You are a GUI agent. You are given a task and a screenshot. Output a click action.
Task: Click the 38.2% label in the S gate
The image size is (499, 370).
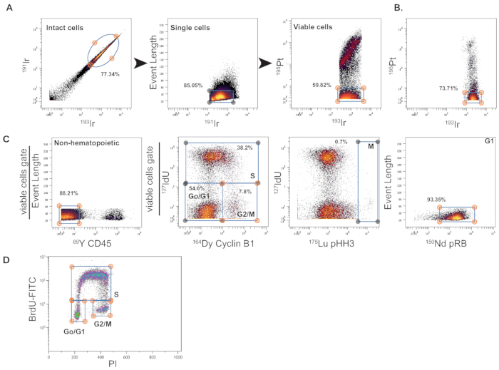[x=245, y=148]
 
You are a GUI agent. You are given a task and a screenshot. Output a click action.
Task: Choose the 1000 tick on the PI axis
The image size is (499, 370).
[x=178, y=356]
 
